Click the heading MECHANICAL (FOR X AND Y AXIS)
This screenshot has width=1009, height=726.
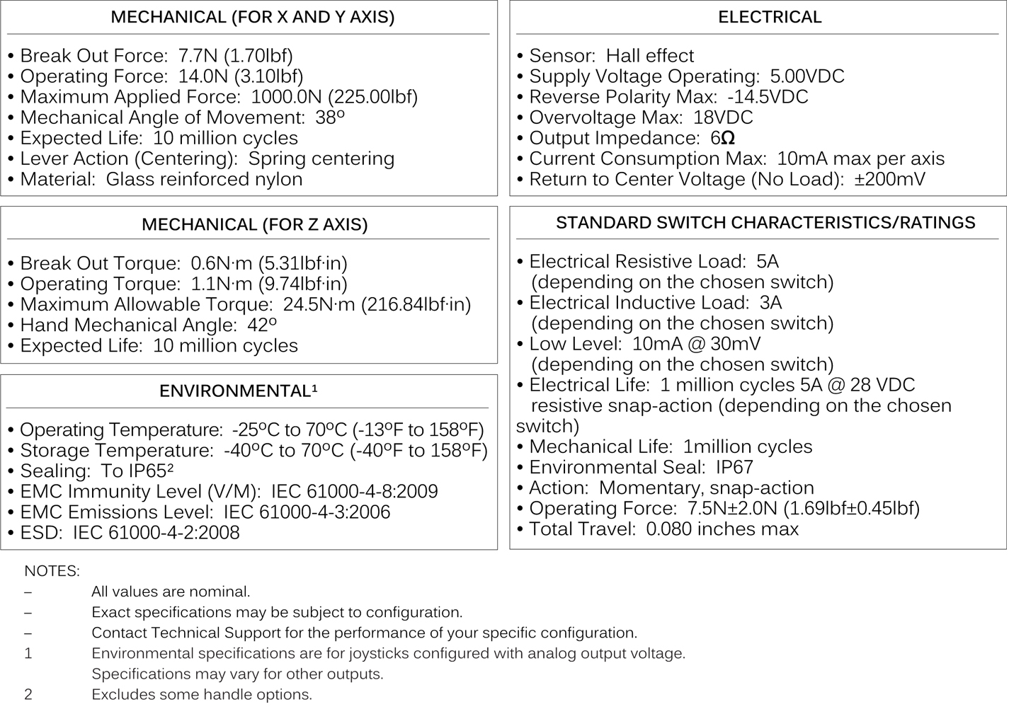pyautogui.click(x=252, y=17)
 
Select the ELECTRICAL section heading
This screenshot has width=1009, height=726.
pyautogui.click(x=770, y=17)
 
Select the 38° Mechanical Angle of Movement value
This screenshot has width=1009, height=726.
pyautogui.click(x=330, y=117)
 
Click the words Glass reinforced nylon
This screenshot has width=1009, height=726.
pyautogui.click(x=204, y=179)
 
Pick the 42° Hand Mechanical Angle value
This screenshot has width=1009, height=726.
pyautogui.click(x=262, y=325)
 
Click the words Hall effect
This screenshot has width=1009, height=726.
pyautogui.click(x=650, y=56)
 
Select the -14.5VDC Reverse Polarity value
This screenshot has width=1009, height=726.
pyautogui.click(x=768, y=97)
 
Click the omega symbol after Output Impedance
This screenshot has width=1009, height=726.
pyautogui.click(x=727, y=139)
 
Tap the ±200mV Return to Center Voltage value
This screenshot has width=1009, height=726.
pyautogui.click(x=889, y=179)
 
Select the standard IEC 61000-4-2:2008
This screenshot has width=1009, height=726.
pyautogui.click(x=156, y=533)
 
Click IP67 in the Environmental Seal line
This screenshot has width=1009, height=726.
pyautogui.click(x=734, y=468)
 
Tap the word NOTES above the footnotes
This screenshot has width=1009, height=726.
pyautogui.click(x=52, y=570)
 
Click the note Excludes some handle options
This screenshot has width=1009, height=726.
pyautogui.click(x=202, y=695)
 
